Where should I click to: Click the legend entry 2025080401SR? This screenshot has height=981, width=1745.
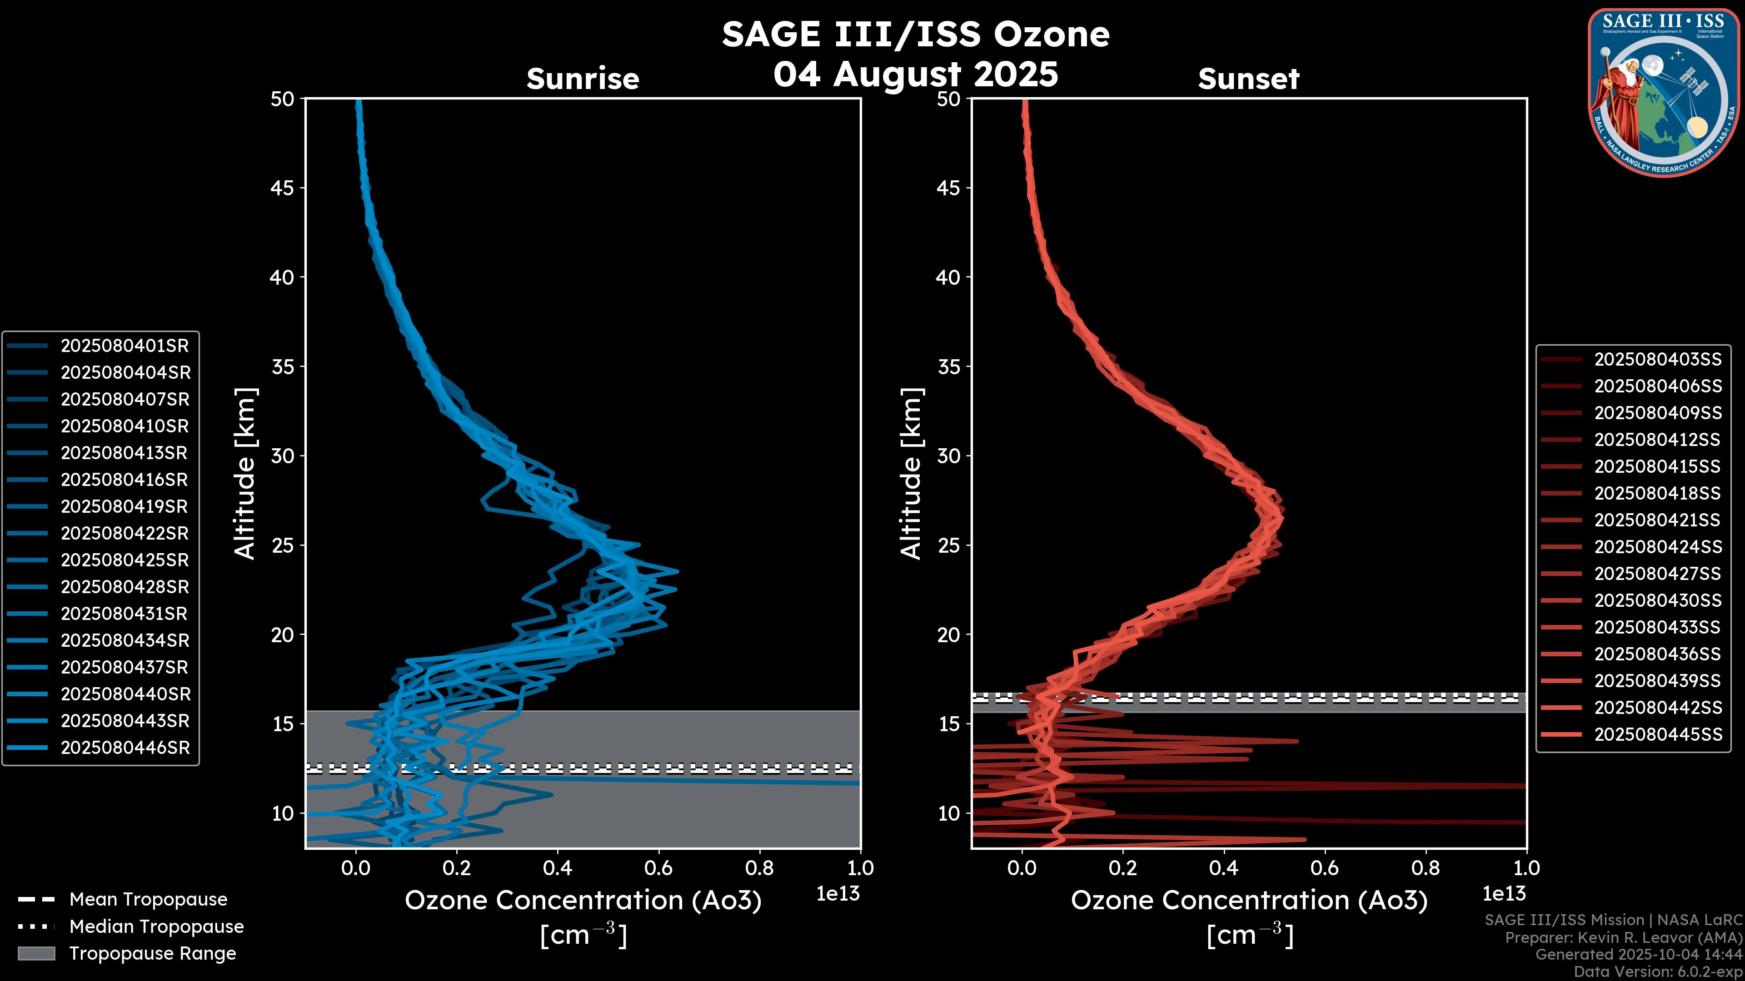click(125, 346)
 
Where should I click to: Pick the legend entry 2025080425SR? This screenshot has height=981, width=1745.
click(125, 560)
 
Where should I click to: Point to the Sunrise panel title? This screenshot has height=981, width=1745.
click(583, 79)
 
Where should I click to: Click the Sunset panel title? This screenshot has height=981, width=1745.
click(1248, 79)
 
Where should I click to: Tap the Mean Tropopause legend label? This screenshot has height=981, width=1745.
click(148, 900)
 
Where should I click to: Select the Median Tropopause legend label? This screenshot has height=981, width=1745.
click(156, 927)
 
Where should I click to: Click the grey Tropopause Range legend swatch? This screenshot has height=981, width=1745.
click(36, 954)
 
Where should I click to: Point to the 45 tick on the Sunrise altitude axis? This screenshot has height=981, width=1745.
click(283, 188)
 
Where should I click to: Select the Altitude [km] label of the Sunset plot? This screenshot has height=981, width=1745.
click(911, 474)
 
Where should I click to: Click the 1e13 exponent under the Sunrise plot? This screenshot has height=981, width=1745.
click(838, 894)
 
